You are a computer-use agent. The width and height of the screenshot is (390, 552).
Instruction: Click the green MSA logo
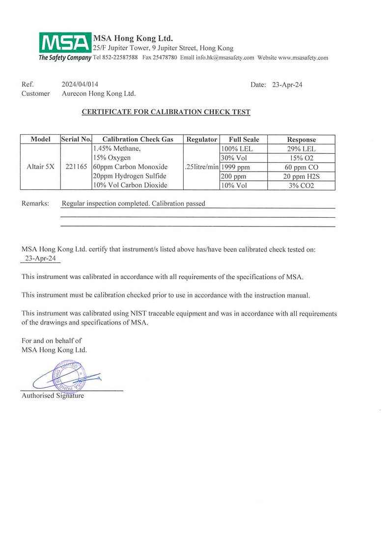[x=65, y=43]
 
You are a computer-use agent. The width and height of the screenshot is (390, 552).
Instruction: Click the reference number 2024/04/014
[x=84, y=85]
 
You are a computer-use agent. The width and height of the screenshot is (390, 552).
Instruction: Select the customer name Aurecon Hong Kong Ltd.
[x=98, y=93]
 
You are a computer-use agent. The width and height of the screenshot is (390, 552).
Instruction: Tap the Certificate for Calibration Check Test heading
[x=166, y=112]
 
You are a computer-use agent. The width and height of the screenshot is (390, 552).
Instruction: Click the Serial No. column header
[x=76, y=140]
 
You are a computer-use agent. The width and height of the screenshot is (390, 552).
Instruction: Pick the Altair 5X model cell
[x=40, y=167]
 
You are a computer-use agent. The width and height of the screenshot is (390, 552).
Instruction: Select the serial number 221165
[x=76, y=167]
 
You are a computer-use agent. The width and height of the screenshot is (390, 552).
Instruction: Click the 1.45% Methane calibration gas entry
[x=116, y=148]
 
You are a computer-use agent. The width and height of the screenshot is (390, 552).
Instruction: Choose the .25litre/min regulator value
[x=200, y=167]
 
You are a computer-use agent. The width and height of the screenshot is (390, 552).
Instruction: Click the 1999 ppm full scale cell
[x=236, y=167]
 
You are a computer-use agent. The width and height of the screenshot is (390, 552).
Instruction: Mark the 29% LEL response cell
[x=301, y=148]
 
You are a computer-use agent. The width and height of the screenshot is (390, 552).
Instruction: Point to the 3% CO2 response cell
[x=301, y=185]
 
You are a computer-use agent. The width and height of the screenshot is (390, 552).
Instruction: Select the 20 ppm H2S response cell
[x=301, y=176]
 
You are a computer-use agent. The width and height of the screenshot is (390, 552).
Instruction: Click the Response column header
[x=301, y=140]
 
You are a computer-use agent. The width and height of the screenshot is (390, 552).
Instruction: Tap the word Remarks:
[x=35, y=203]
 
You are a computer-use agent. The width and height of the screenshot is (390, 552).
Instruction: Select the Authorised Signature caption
[x=53, y=395]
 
